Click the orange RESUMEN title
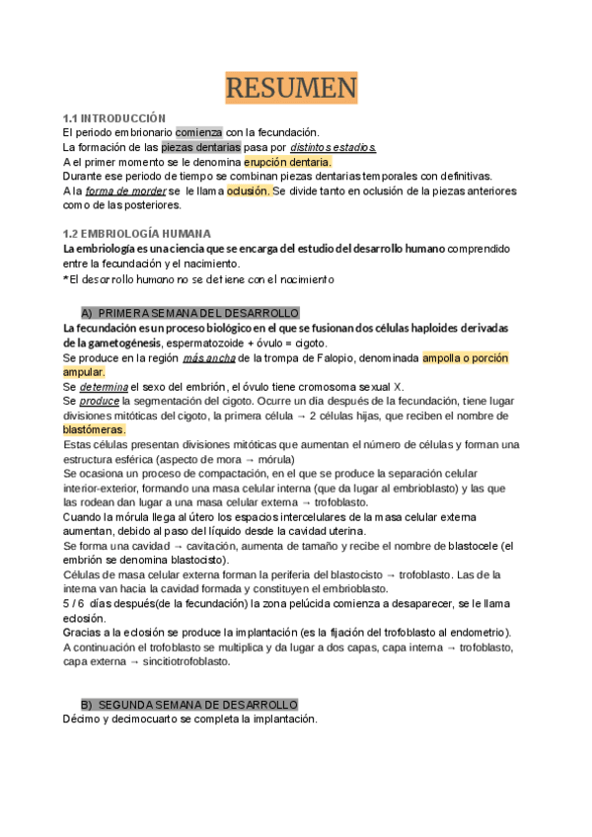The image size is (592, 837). [291, 89]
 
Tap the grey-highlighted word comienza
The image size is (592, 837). [198, 132]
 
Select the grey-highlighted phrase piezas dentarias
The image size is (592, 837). [208, 147]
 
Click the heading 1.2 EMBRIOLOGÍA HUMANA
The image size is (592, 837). [136, 234]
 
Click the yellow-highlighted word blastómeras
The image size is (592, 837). [94, 430]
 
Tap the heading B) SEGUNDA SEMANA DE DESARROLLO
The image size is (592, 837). [188, 704]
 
